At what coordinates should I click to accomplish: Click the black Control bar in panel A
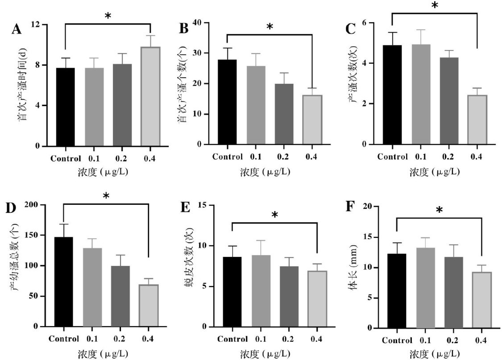(65, 107)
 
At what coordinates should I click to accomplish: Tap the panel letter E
(184, 208)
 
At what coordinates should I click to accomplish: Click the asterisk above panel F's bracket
(439, 210)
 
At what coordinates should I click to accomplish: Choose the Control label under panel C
(392, 157)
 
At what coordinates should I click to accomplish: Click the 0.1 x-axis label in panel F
(425, 340)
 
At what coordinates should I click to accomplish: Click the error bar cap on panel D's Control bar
(64, 224)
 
